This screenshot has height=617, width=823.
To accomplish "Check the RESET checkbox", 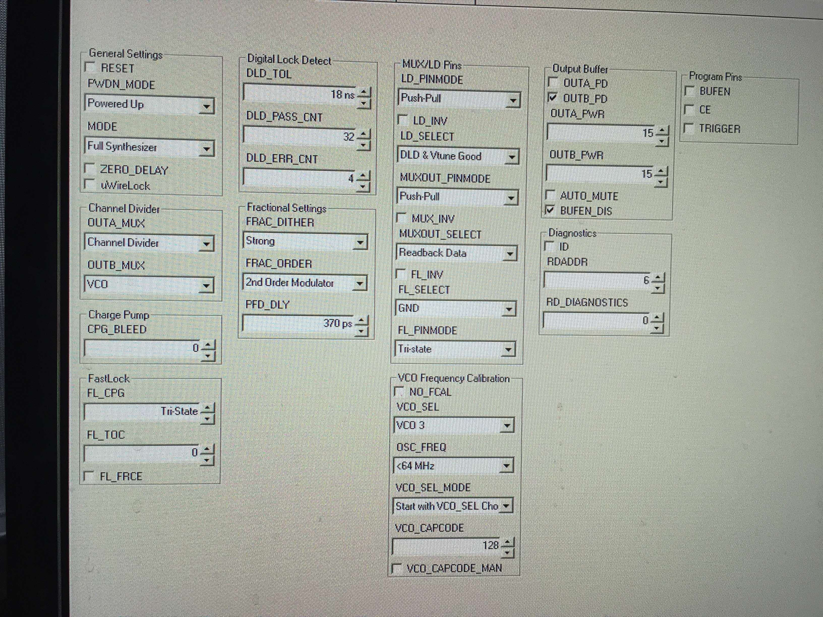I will point(90,68).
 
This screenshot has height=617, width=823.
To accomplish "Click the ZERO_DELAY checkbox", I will point(89,169).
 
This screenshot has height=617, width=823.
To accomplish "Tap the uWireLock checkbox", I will point(89,185).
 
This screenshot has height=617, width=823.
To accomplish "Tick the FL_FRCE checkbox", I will point(89,476).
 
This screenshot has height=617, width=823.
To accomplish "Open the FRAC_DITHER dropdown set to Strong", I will point(304,242).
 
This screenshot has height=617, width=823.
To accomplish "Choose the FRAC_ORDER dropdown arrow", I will point(359,284).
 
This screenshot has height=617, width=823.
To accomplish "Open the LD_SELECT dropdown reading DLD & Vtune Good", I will point(458,157).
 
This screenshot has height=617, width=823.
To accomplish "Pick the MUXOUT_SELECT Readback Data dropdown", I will point(456,254).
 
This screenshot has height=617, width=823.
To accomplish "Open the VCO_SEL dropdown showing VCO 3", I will point(453,425).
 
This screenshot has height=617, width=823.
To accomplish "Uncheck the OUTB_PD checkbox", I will point(553,98).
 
